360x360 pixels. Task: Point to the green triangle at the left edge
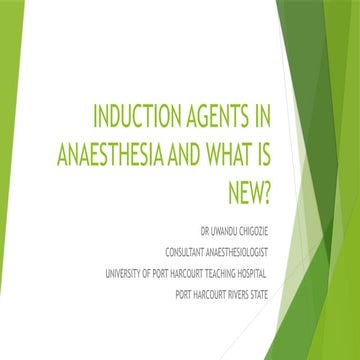click(x=10, y=180)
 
